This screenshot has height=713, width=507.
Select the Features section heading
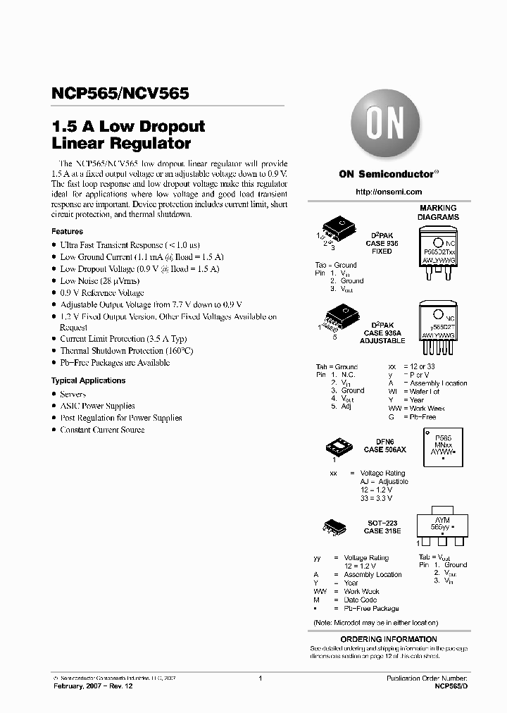[67, 231]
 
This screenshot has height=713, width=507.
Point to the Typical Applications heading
[88, 380]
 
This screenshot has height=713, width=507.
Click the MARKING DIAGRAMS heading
[438, 213]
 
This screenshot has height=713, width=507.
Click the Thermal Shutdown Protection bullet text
[126, 351]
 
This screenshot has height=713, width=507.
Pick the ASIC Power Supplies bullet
[97, 406]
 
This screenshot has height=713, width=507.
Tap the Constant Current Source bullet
[102, 430]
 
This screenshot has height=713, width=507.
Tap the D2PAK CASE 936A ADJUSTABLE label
[382, 333]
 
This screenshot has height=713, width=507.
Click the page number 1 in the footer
[261, 678]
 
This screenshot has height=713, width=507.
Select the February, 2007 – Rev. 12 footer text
[92, 686]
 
